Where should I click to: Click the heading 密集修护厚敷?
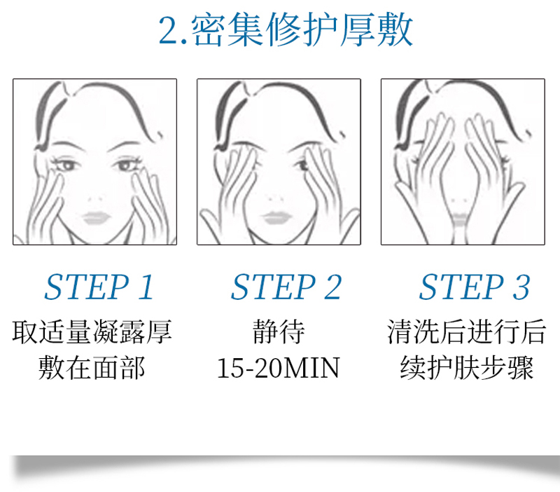coord(303,29)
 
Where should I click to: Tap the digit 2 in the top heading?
coord(169,31)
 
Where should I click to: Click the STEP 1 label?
coord(99,287)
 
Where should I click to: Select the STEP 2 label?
coord(286,287)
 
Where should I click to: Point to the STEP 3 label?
coord(474,287)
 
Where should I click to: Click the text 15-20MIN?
coord(278,368)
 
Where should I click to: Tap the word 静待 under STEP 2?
coord(279,332)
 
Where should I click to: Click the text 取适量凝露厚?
coord(92,332)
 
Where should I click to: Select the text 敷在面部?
coord(92,367)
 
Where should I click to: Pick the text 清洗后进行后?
coord(466,332)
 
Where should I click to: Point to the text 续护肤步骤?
coord(467,367)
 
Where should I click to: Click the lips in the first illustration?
coord(96,217)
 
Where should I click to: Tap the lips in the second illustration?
coord(276,217)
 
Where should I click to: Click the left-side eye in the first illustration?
coord(66,165)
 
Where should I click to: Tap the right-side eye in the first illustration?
coord(126,165)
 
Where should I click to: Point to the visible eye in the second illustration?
coord(302,165)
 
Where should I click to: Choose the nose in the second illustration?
coord(276,198)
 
